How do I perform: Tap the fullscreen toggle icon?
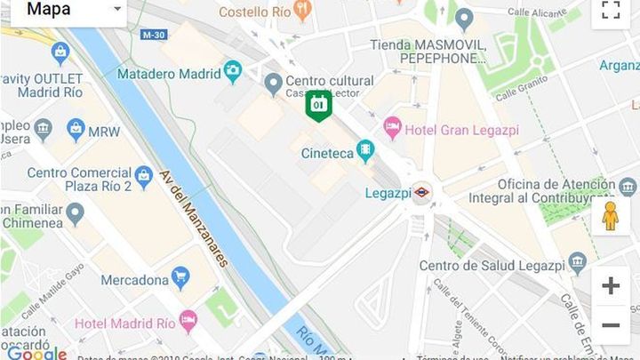pyautogui.click(x=610, y=11)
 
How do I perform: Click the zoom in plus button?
pyautogui.click(x=611, y=285)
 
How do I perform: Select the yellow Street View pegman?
pyautogui.click(x=610, y=216)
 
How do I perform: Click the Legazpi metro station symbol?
pyautogui.click(x=421, y=192)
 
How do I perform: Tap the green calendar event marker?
pyautogui.click(x=318, y=106)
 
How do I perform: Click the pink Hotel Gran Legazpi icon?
pyautogui.click(x=392, y=129)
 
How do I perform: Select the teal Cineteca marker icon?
pyautogui.click(x=365, y=151)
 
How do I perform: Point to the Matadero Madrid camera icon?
pyautogui.click(x=232, y=71)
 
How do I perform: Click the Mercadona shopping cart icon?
pyautogui.click(x=180, y=279)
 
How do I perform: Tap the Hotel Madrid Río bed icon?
pyautogui.click(x=188, y=320)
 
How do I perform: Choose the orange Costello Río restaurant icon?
pyautogui.click(x=303, y=12)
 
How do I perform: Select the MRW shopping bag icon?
pyautogui.click(x=76, y=131)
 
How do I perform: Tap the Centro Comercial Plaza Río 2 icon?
pyautogui.click(x=144, y=173)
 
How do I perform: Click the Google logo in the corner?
pyautogui.click(x=36, y=353)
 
